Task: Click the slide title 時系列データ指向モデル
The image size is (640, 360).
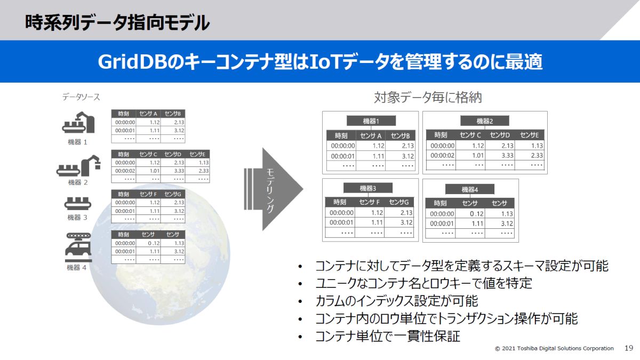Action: (x=117, y=22)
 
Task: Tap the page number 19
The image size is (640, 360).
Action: (x=628, y=348)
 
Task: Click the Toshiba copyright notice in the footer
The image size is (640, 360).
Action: (x=554, y=348)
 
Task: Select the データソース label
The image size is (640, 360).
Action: (x=81, y=97)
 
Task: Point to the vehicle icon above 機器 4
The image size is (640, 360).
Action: (x=77, y=247)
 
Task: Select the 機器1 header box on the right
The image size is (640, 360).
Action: (x=371, y=121)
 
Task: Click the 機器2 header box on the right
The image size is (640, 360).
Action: (x=484, y=121)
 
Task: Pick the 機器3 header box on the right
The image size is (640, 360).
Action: (x=368, y=188)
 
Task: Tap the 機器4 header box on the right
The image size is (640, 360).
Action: (x=470, y=189)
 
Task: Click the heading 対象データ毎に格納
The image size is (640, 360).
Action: (x=428, y=98)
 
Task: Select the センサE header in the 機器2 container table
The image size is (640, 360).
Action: (x=530, y=135)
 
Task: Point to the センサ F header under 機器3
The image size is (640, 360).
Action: (x=370, y=202)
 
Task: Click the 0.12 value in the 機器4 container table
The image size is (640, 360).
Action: (x=469, y=214)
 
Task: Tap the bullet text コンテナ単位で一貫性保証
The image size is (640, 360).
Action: (x=388, y=336)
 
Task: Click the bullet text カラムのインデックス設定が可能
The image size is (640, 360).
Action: (x=397, y=301)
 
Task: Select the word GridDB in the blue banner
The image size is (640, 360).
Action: (x=133, y=62)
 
